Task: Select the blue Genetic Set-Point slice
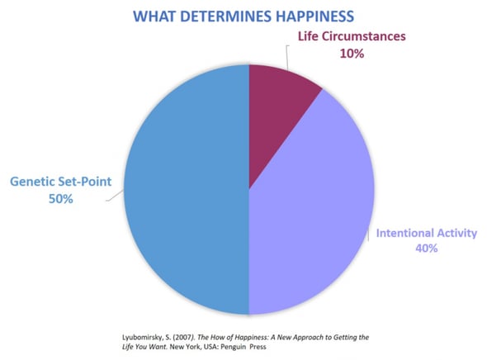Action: [187, 189]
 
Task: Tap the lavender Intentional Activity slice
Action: [310, 211]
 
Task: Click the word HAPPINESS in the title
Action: [314, 17]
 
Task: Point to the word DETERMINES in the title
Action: [226, 17]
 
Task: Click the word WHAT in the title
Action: [154, 17]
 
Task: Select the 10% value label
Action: [352, 54]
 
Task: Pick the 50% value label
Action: [61, 199]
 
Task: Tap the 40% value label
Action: [427, 248]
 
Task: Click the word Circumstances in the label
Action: [363, 36]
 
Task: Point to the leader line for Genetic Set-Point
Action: [116, 196]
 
